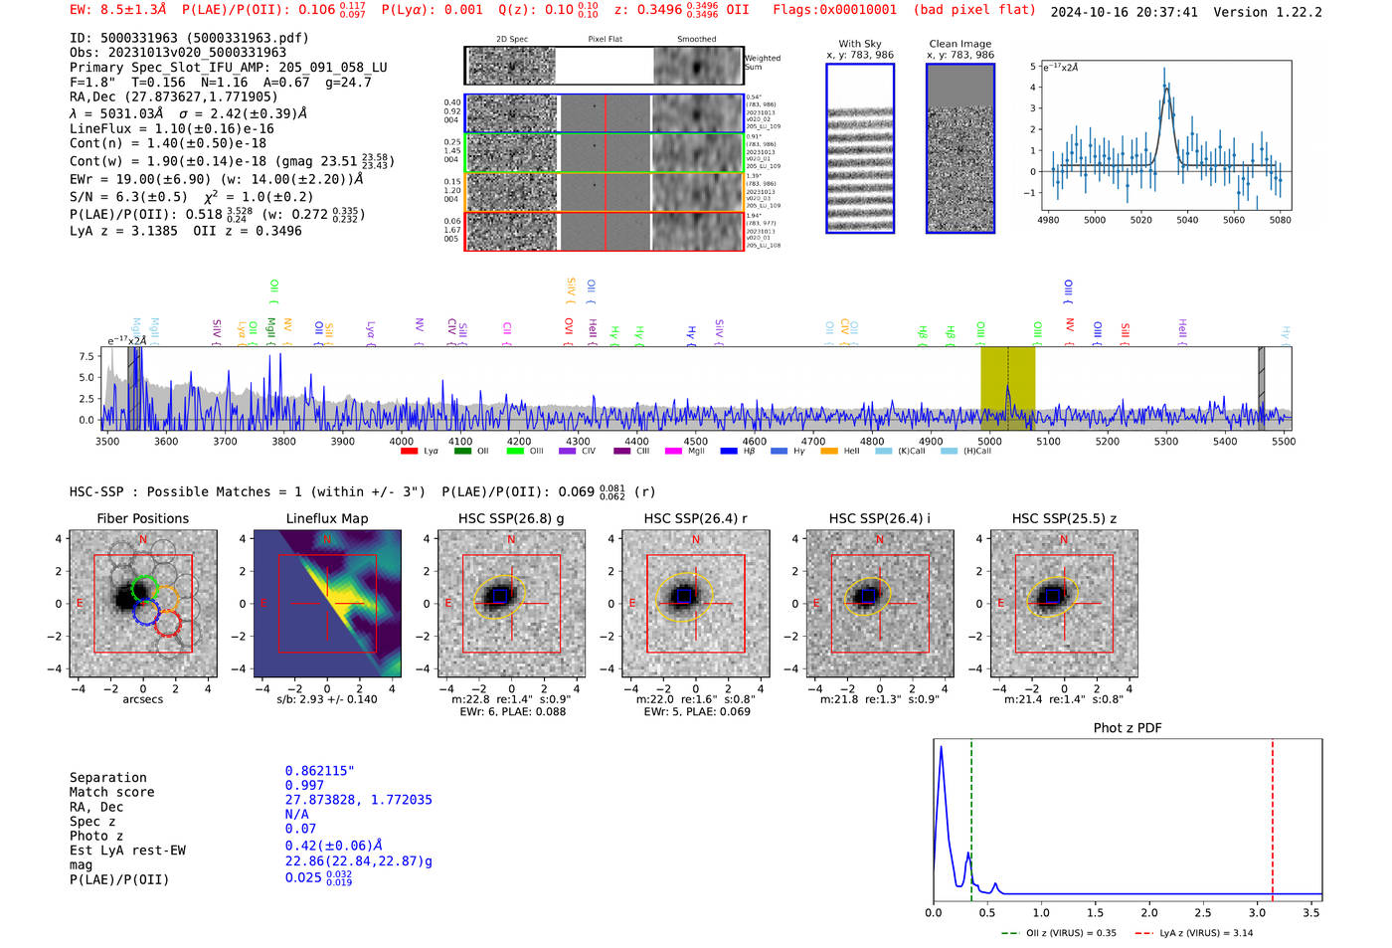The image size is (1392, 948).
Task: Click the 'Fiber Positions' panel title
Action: (142, 518)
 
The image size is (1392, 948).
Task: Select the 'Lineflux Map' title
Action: (327, 518)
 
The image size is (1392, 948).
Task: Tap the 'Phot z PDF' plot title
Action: (1128, 728)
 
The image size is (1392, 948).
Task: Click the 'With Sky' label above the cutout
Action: (860, 44)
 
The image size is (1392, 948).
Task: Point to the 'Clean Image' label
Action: (959, 44)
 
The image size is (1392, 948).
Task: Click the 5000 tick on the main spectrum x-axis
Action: (989, 442)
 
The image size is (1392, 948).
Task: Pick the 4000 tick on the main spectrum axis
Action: (402, 442)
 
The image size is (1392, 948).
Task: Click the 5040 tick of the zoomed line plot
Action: (1187, 220)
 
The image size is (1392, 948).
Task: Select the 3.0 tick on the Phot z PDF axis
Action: (1258, 912)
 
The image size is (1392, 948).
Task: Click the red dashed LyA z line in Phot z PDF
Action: (1273, 816)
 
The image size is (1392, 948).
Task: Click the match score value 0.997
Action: (304, 786)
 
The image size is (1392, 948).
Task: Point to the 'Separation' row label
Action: (107, 778)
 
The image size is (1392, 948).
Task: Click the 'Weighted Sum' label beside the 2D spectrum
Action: (762, 63)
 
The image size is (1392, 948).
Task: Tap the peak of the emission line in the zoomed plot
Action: (1165, 87)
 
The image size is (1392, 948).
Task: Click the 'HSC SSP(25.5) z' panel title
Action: (1064, 518)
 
